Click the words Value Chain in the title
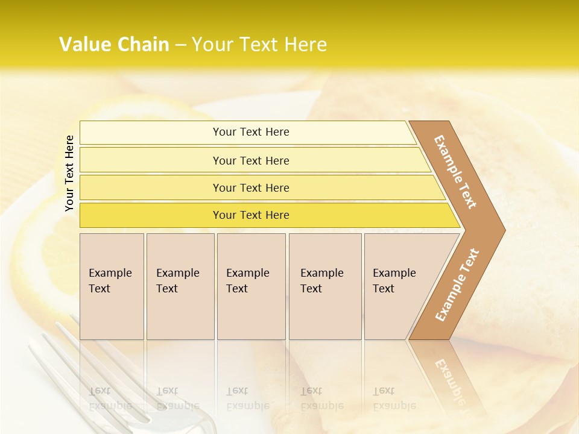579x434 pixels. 114,45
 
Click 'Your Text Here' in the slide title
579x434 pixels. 259,45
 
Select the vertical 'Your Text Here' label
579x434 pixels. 69,173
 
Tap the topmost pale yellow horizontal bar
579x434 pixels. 151,133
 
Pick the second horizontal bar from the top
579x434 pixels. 151,160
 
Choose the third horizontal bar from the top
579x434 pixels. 151,188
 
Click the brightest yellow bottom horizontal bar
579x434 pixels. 151,215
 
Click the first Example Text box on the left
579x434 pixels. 112,286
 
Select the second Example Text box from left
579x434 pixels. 180,286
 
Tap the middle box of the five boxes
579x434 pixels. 251,286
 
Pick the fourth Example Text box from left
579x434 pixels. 324,286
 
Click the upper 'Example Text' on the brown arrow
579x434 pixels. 455,172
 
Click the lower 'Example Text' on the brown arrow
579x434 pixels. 457,285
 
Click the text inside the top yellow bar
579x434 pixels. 251,132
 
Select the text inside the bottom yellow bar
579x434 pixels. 251,215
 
